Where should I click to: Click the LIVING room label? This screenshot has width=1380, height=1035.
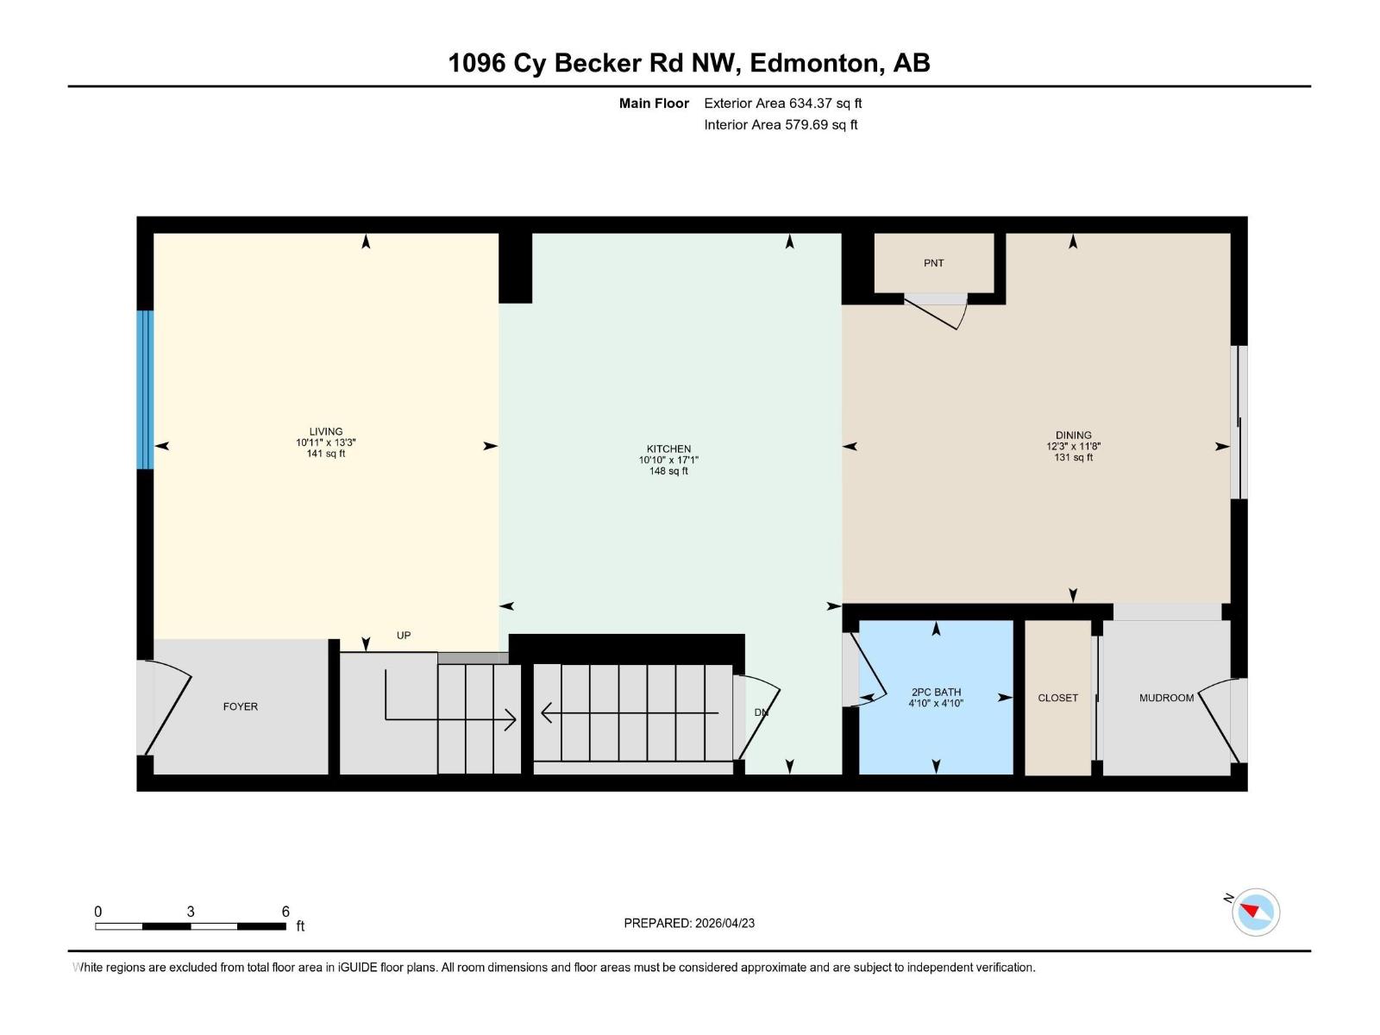coord(326,431)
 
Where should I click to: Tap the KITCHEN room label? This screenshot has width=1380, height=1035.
coord(668,448)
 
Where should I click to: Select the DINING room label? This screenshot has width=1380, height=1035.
coord(1073,435)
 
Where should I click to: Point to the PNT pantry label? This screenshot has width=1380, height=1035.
coord(933,263)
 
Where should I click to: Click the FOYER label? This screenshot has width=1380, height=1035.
coord(241,706)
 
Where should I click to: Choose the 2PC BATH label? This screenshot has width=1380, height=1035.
coord(936,692)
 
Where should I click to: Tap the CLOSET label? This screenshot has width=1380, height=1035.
coord(1057,698)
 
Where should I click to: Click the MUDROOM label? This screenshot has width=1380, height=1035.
coord(1166,698)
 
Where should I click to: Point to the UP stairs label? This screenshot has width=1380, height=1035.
coord(404,636)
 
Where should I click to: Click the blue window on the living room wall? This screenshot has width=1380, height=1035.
coord(145,390)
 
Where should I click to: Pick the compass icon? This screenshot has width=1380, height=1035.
coord(1255,912)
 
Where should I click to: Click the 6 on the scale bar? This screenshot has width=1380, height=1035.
coord(285,912)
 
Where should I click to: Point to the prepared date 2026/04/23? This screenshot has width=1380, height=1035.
coord(724,923)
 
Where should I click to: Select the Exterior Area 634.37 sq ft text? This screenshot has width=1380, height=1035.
coord(782,103)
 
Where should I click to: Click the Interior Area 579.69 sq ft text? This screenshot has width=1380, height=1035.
coord(781,125)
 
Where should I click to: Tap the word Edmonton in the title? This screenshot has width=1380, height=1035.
coord(815,63)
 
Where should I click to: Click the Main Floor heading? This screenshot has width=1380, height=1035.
coord(654,103)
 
